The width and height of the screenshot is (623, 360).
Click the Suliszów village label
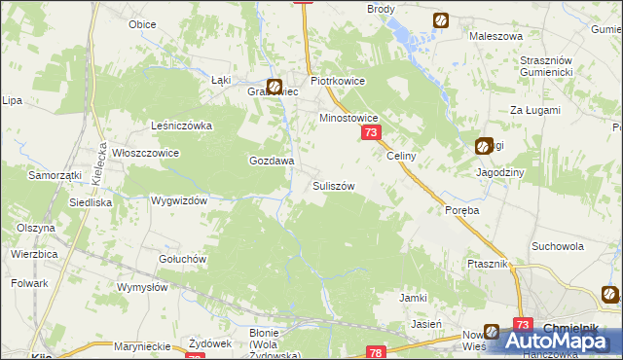point(333,185)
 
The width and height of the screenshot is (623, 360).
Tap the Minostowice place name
point(348,118)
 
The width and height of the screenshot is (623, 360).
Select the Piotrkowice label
point(337,82)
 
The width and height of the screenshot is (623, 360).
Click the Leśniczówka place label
point(182,126)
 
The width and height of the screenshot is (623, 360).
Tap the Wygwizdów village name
point(179,200)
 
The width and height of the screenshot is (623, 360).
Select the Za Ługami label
point(535,111)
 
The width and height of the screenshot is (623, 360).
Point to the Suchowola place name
point(557,247)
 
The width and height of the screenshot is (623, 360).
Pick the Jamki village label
point(415,298)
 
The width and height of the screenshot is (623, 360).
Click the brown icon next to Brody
point(441,19)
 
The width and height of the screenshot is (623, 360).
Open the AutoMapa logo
point(551,340)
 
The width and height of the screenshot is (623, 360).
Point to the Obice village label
point(142,24)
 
